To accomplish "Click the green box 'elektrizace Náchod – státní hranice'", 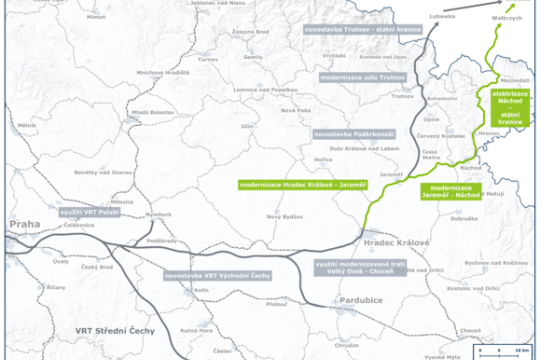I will point(513,107).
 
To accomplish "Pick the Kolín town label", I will point(199,292).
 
